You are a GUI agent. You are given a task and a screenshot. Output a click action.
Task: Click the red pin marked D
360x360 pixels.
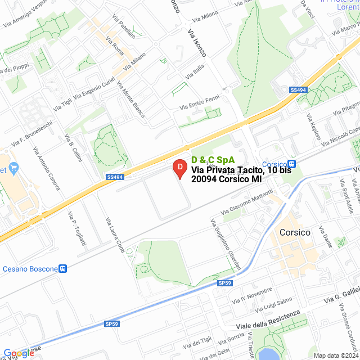(x=179, y=168)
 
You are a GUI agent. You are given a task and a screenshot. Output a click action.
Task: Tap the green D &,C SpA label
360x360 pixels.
(x=213, y=160)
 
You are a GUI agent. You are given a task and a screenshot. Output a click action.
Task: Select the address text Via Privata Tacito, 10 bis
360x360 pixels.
(x=241, y=170)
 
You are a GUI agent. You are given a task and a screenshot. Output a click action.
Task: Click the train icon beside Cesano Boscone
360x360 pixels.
(x=64, y=269)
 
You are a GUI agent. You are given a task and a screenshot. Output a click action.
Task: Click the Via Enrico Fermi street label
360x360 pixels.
(x=199, y=103)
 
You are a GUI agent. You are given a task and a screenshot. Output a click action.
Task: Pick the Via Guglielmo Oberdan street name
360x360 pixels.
(x=227, y=245)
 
